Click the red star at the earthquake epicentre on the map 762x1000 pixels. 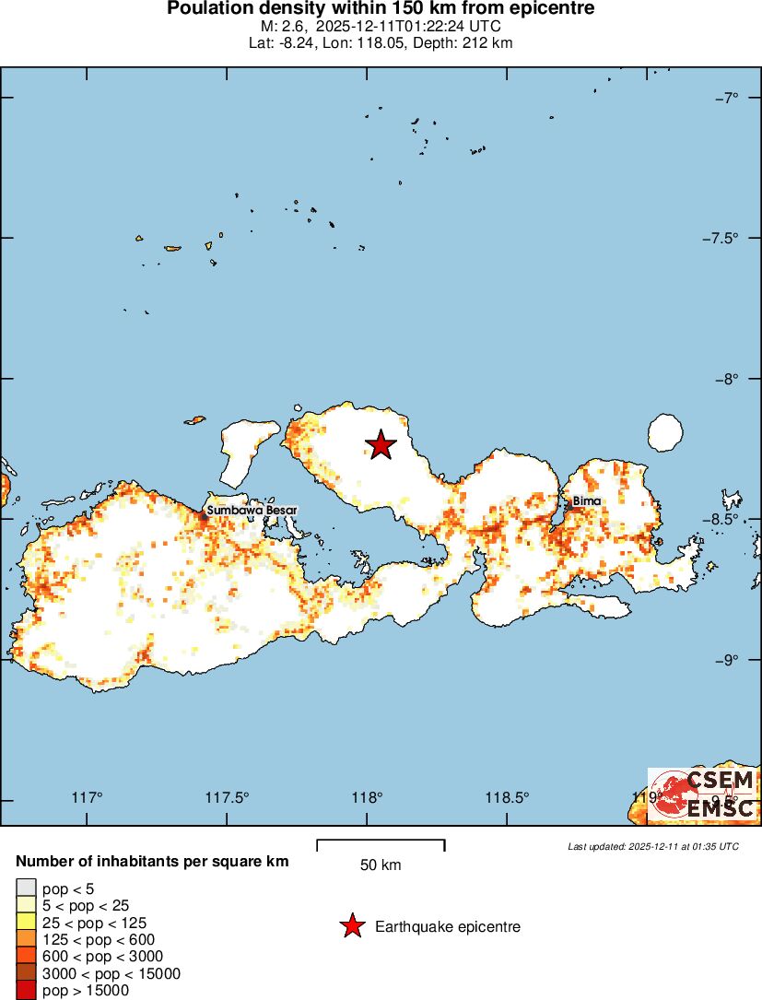pyautogui.click(x=381, y=445)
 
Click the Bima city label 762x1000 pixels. pyautogui.click(x=587, y=501)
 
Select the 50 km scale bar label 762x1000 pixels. pyautogui.click(x=381, y=865)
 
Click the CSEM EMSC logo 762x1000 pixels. pyautogui.click(x=703, y=794)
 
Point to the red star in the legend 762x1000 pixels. pyautogui.click(x=352, y=926)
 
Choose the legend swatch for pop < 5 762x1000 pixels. pyautogui.click(x=26, y=888)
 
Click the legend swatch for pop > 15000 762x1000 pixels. pyautogui.click(x=26, y=991)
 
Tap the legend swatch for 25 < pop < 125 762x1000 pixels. pyautogui.click(x=26, y=923)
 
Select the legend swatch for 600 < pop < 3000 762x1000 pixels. pyautogui.click(x=26, y=957)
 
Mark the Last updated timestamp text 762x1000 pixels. pyautogui.click(x=653, y=846)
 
